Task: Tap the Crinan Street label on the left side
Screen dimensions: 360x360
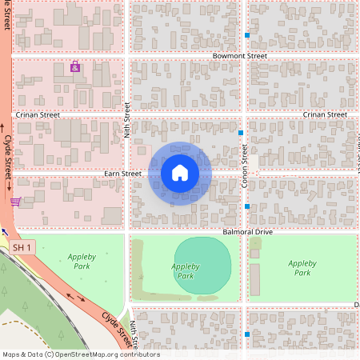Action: [38, 115]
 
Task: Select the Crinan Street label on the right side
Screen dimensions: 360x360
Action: [325, 115]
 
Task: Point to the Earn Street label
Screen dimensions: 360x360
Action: [122, 174]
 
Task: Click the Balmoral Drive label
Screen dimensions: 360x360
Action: [248, 232]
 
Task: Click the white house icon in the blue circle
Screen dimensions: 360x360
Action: [180, 173]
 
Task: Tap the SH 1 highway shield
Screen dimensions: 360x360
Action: [22, 248]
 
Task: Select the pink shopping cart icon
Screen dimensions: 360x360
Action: [15, 202]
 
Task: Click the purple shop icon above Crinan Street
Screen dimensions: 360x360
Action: [75, 67]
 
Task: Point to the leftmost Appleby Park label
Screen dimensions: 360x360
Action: [81, 262]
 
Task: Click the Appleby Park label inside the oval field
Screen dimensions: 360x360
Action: [185, 271]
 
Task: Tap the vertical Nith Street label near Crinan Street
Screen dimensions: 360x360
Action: [126, 120]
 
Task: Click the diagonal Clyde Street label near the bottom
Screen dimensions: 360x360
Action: [115, 327]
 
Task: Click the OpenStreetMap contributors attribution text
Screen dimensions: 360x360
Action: [80, 354]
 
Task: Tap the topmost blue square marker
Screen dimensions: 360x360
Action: [247, 37]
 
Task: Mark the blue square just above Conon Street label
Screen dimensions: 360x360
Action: [241, 132]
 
